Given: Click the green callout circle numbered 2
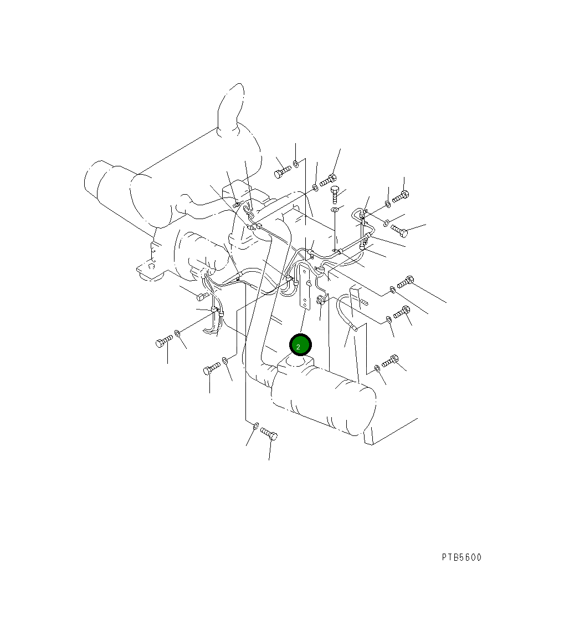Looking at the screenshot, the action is point(300,346).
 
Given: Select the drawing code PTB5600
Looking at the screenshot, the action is point(462,557).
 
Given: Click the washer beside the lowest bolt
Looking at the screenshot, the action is point(255,425).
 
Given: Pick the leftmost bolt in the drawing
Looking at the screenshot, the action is point(165,341).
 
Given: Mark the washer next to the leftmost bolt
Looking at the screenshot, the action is point(177,333).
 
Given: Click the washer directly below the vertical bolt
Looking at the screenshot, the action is point(335,210).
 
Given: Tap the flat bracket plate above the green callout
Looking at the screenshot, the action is point(304,286).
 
